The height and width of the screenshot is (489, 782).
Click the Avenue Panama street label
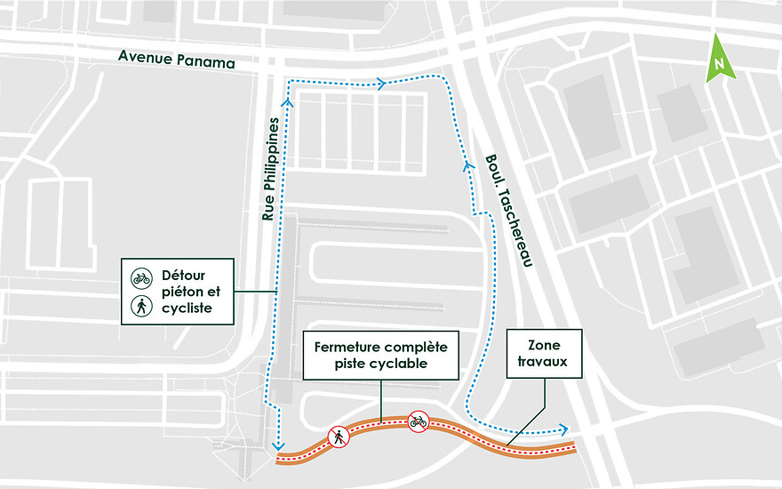point(177,59)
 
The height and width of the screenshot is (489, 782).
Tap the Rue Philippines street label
point(271,169)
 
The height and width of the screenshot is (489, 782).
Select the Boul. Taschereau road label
point(509,211)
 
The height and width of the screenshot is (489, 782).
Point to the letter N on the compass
point(719,64)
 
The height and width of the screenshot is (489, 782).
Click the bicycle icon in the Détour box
point(141,278)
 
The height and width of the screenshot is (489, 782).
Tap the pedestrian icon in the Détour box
point(141,306)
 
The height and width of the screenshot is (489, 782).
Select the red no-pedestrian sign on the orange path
point(339,437)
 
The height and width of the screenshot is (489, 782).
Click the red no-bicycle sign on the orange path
point(419,421)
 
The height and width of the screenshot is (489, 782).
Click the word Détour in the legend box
point(184,276)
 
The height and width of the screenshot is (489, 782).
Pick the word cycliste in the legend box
point(187,309)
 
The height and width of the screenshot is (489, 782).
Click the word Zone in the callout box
point(544,345)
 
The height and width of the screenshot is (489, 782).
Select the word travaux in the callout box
point(543,361)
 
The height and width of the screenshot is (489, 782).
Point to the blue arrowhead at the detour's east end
point(563,429)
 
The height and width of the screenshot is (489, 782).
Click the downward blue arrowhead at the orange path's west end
point(278,445)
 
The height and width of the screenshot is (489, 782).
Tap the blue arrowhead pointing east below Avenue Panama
point(381,84)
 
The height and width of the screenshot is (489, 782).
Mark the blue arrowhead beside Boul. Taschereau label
point(467,165)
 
